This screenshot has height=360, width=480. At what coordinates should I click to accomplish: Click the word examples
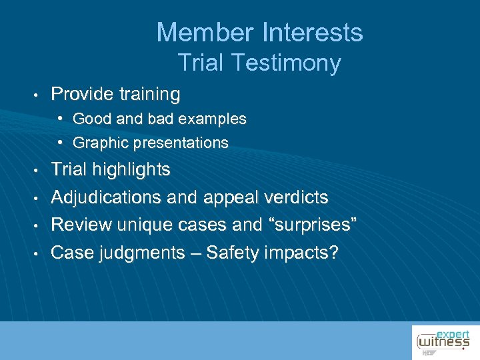(x=215, y=119)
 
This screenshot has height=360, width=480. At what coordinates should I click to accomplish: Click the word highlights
(x=133, y=170)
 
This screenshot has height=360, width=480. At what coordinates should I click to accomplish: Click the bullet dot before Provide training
(x=41, y=95)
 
